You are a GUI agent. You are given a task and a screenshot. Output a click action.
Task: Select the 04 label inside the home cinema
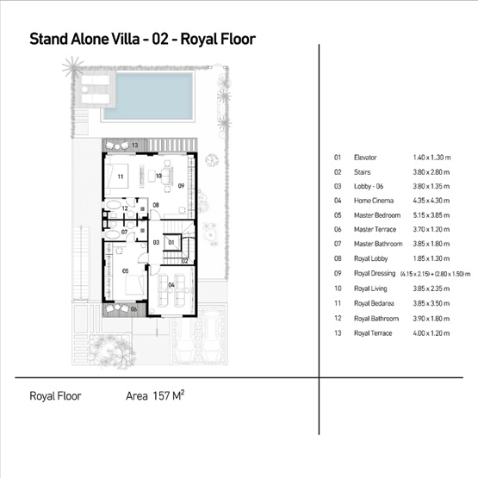coord(171,284)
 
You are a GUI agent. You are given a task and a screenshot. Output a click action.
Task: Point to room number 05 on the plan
coord(126,270)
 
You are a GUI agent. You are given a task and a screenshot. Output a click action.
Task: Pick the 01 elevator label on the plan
coord(171,243)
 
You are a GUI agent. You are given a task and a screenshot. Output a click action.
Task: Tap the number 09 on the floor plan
coord(181,185)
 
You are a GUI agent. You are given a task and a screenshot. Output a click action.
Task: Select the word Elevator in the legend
coord(365,158)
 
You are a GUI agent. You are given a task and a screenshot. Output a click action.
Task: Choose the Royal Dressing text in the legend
coord(373,273)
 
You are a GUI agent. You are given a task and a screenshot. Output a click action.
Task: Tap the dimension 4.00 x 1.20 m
coord(430,331)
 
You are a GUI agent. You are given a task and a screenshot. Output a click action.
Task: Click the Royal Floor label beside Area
coord(55,398)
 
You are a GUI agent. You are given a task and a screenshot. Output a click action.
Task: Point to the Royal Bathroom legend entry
coord(375,317)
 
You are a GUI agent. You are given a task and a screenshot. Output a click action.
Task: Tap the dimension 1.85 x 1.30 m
coord(430,258)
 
